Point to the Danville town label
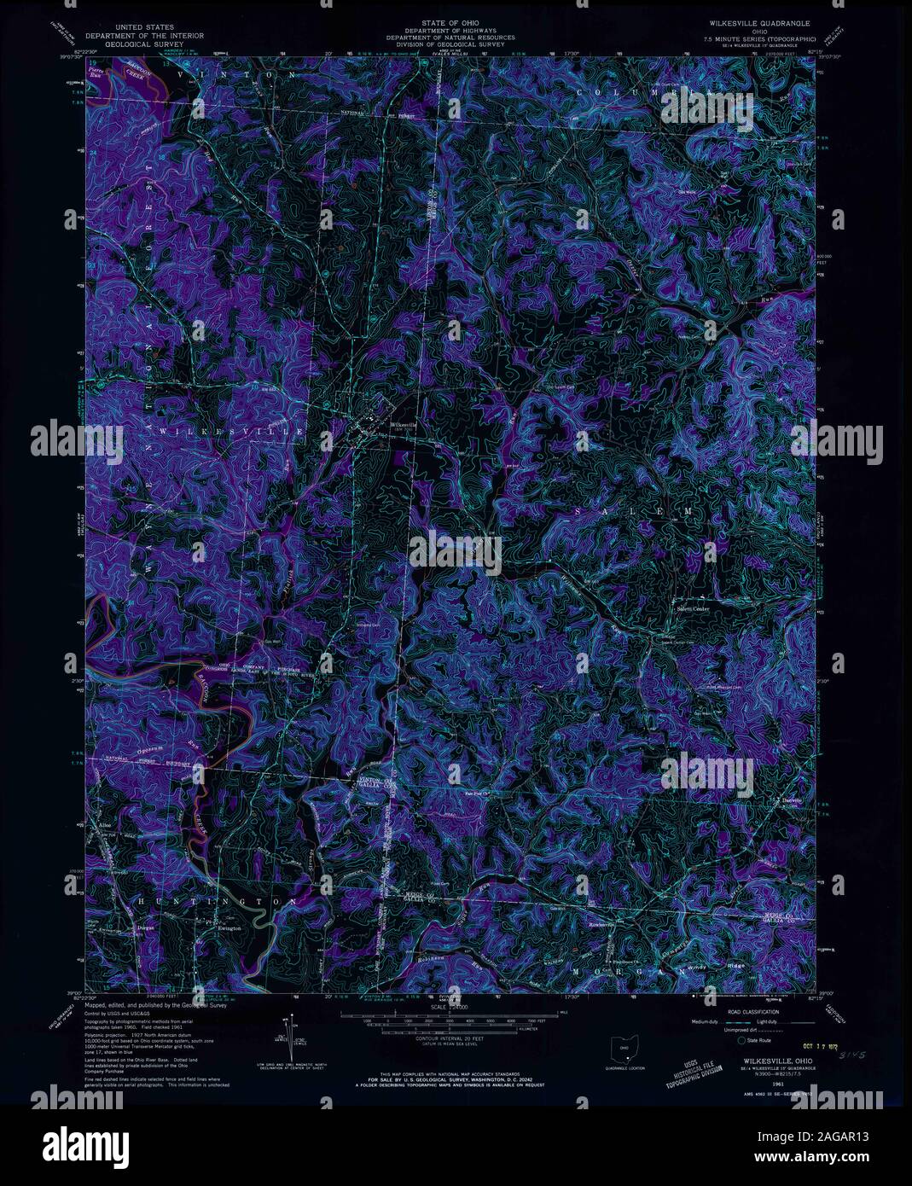(x=793, y=801)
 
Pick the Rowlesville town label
(x=602, y=923)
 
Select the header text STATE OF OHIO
(x=449, y=18)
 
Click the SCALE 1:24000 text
(x=450, y=1007)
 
